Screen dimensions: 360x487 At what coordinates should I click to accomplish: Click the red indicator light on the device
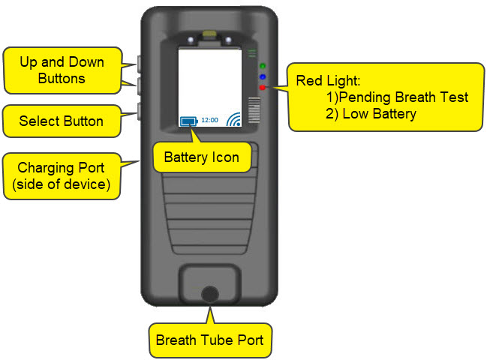[x=261, y=88]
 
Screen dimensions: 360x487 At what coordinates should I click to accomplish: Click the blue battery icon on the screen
[x=189, y=121]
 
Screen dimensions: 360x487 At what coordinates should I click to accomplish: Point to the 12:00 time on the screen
[x=210, y=120]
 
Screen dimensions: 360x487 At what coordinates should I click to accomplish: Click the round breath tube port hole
[x=211, y=293]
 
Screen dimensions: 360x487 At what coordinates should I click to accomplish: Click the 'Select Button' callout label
[x=61, y=121]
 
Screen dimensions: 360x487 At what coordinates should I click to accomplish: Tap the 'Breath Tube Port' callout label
[x=209, y=340]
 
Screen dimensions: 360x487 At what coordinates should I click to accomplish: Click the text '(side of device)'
[x=62, y=184]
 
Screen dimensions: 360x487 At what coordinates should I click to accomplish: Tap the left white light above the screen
[x=193, y=40]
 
